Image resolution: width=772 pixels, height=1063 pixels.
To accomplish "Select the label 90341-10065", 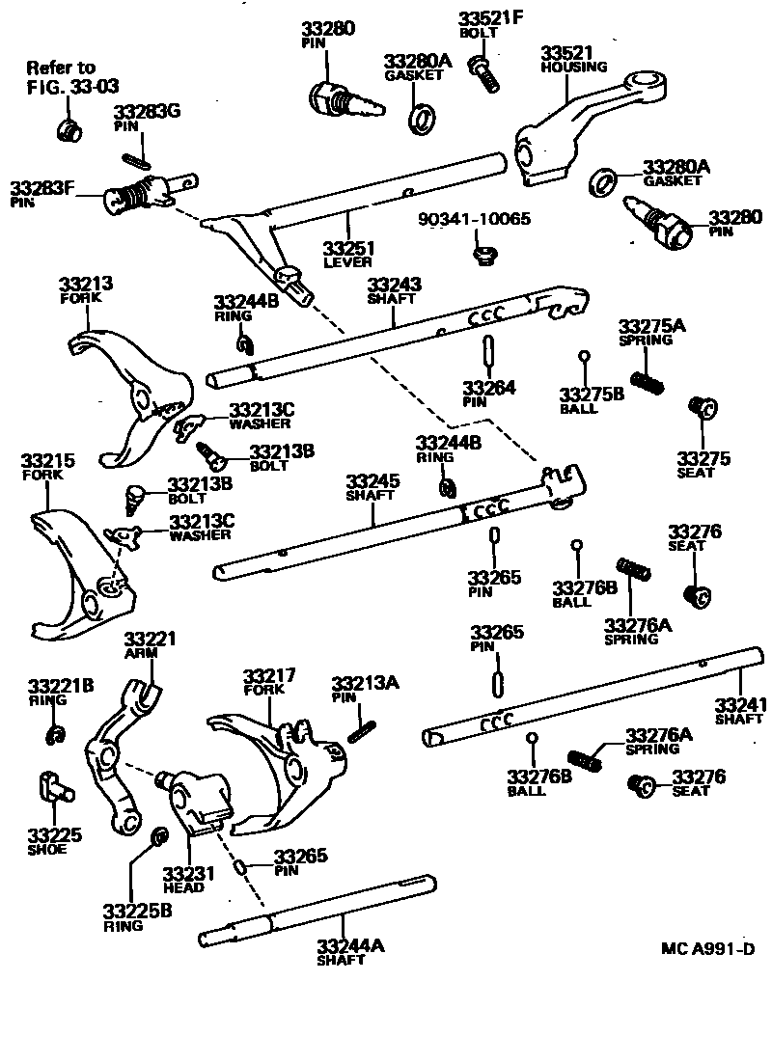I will (474, 219).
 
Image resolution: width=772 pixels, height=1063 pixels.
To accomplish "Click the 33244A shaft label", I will (350, 945).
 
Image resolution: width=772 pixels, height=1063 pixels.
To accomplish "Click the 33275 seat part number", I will (703, 458).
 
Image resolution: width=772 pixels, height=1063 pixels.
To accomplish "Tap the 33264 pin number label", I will (488, 388).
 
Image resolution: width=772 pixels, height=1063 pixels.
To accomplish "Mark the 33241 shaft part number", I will (738, 703).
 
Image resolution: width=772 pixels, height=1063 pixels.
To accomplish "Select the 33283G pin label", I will (147, 112).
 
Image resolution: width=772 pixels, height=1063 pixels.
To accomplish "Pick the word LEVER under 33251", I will (347, 262).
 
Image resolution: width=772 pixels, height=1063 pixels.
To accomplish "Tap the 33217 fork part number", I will (269, 675).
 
